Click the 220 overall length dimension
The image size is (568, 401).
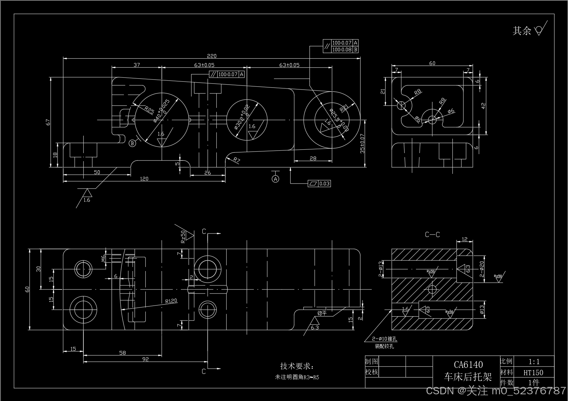click(x=212, y=56)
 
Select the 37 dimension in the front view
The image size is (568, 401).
click(x=137, y=65)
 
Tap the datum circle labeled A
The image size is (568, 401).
click(x=275, y=179)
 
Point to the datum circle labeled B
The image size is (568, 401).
click(x=132, y=143)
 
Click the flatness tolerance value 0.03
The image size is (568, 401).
click(x=324, y=184)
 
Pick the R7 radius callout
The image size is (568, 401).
click(x=236, y=160)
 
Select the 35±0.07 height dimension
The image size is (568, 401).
click(x=362, y=144)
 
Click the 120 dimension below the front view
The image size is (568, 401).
click(x=144, y=179)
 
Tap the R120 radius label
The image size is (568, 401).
click(x=171, y=301)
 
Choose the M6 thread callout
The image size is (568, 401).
click(x=103, y=258)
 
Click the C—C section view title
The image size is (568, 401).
click(x=432, y=235)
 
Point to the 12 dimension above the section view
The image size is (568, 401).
click(x=465, y=239)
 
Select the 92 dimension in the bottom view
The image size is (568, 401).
click(x=145, y=359)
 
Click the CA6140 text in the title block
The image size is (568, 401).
click(x=468, y=364)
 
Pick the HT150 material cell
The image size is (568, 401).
click(x=533, y=373)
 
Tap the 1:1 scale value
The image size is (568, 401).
click(x=534, y=362)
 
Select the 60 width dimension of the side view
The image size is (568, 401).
click(x=432, y=63)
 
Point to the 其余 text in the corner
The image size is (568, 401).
click(x=522, y=31)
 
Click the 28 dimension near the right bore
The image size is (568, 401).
click(x=313, y=158)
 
